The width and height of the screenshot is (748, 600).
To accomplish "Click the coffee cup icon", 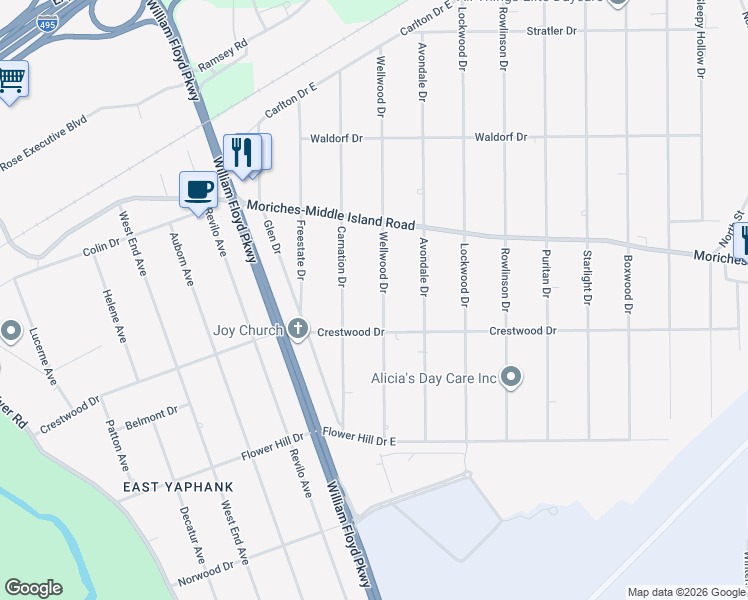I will (x=198, y=188).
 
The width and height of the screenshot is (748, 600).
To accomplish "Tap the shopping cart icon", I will (x=11, y=79).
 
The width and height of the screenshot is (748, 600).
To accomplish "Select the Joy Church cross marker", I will (x=298, y=328).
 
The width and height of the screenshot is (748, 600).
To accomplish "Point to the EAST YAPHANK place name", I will (x=178, y=487).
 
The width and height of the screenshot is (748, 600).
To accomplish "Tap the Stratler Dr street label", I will (x=553, y=31).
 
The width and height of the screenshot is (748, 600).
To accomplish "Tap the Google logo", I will (x=33, y=588).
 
